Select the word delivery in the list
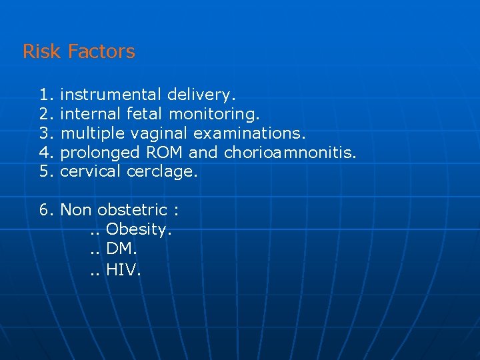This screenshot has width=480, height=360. click(201, 95)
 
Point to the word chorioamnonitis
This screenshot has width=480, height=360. click(290, 153)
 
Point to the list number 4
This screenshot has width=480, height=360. click(45, 153)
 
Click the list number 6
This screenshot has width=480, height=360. click(45, 210)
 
